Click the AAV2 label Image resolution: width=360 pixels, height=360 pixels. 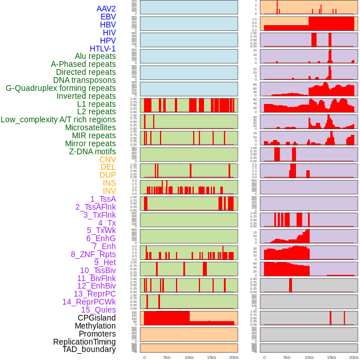106,9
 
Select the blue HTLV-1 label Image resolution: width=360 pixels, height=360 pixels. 103,49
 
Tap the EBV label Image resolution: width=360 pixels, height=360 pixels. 108,17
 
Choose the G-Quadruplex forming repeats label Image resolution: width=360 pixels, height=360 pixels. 61,89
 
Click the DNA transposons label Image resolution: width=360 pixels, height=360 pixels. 85,81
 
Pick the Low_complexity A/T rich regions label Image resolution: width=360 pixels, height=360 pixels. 58,120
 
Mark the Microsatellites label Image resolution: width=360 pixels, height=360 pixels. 90,128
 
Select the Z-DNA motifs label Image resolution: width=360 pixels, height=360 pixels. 93,151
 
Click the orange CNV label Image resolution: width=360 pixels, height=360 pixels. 107,159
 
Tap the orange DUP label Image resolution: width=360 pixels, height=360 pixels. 107,175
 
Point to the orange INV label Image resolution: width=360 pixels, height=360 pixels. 109,191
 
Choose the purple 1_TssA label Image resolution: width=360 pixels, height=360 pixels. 103,199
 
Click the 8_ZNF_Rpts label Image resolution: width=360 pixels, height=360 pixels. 93,254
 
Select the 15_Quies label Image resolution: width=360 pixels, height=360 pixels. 98,310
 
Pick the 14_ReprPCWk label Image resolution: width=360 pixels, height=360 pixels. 89,302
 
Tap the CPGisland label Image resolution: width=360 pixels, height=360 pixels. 97,318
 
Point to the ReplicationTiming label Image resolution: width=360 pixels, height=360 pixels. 85,342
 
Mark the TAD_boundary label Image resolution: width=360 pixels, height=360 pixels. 89,349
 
